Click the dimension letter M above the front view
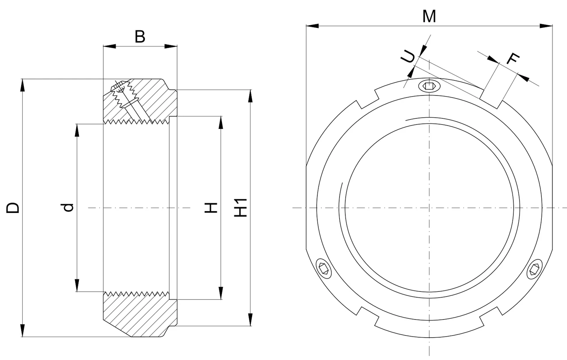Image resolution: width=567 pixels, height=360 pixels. [429, 16]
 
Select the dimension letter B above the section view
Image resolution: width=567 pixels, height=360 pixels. [140, 37]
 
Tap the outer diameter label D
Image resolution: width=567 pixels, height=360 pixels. [13, 208]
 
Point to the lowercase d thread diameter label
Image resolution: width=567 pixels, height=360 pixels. [68, 207]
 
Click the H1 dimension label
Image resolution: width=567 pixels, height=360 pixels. [241, 208]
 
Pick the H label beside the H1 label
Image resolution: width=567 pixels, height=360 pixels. [211, 208]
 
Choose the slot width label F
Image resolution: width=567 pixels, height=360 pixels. [513, 59]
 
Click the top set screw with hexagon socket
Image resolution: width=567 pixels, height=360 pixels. [429, 86]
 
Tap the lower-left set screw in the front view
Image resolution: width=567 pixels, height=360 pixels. [324, 269]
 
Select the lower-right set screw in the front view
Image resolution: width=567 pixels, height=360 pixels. [535, 269]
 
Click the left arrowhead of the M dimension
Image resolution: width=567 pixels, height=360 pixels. [312, 26]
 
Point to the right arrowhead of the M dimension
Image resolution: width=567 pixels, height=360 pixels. [546, 26]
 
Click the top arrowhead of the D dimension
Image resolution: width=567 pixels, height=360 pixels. [23, 85]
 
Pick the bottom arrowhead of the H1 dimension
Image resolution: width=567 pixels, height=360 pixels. [250, 320]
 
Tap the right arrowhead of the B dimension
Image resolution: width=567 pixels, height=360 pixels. [171, 46]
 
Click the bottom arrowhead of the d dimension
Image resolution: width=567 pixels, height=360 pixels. [77, 285]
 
